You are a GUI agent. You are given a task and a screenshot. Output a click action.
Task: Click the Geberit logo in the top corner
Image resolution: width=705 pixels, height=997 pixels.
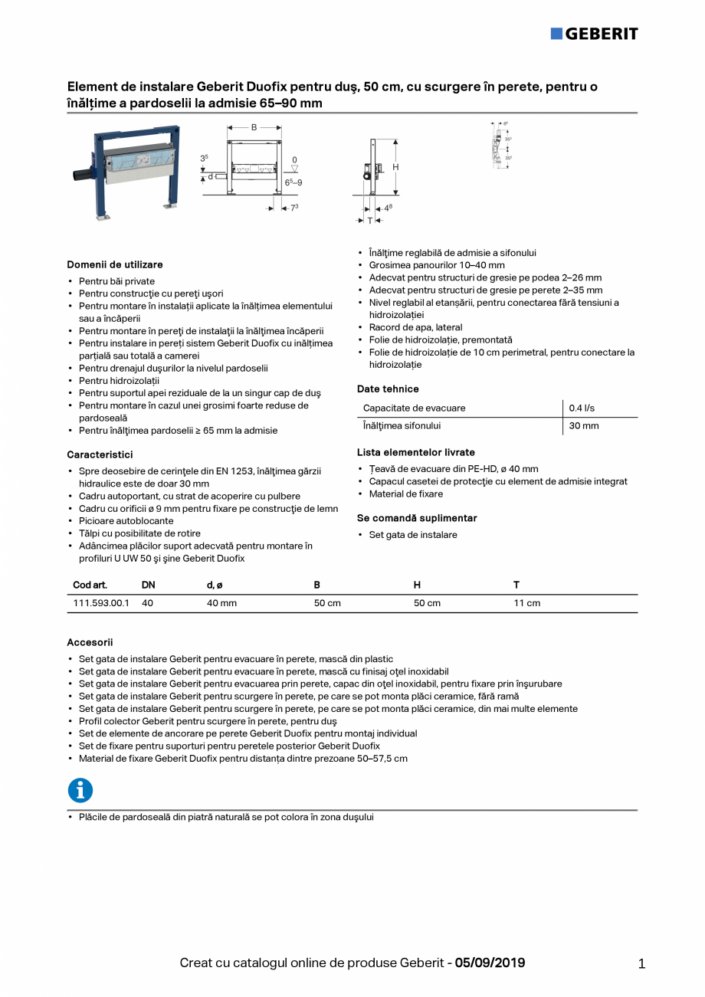[594, 33]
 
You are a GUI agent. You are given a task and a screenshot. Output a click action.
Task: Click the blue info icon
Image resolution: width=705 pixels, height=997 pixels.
[80, 790]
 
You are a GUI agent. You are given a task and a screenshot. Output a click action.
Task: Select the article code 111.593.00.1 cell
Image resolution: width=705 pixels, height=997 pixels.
[100, 603]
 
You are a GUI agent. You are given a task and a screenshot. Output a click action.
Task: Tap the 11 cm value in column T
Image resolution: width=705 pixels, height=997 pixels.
[526, 603]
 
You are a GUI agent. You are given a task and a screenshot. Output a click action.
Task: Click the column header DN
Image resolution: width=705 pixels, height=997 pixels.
[148, 585]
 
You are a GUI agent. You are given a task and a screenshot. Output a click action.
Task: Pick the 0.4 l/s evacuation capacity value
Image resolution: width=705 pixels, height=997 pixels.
[580, 408]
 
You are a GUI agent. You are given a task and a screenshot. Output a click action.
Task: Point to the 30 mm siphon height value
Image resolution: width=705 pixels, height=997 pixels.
[583, 425]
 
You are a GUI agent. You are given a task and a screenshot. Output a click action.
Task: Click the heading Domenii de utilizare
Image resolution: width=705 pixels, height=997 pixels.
[115, 264]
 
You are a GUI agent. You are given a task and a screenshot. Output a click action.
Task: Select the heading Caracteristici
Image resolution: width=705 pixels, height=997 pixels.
[100, 454]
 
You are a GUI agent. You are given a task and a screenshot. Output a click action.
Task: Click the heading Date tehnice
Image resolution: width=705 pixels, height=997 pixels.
[388, 389]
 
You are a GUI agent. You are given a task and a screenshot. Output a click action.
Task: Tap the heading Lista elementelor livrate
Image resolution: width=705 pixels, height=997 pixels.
[415, 452]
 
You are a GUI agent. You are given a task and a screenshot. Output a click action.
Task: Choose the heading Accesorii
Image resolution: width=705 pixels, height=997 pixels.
[90, 642]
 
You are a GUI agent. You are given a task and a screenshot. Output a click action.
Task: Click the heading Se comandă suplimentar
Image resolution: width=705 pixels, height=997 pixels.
[417, 518]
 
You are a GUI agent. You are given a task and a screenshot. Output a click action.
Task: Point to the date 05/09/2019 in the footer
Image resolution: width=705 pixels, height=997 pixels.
[490, 963]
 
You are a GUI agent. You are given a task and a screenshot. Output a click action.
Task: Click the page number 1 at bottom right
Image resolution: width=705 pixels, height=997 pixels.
[641, 964]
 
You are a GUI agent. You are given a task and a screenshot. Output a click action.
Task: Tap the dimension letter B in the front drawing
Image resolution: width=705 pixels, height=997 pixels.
[254, 127]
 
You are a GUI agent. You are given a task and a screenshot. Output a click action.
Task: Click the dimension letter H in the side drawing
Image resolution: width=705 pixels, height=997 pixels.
[395, 167]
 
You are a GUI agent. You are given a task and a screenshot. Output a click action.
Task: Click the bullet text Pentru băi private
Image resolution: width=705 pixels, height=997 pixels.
[116, 281]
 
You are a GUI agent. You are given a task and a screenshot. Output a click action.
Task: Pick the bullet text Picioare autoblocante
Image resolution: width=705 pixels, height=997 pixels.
[126, 521]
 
